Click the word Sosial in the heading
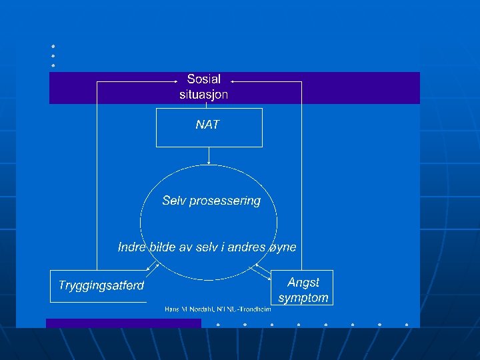pos(204,79)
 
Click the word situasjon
pos(204,95)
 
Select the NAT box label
pos(207,125)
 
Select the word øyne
pos(281,247)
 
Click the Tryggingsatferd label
pos(101,285)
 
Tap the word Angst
pos(303,283)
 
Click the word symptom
pos(303,298)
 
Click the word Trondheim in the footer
pos(255,309)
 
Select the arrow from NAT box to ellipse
pos(209,156)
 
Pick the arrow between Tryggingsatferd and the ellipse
pos(153,269)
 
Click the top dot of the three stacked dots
pos(52,46)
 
